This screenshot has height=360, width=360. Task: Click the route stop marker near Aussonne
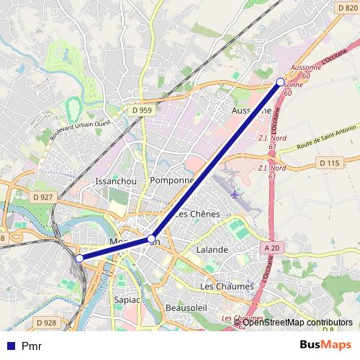281,82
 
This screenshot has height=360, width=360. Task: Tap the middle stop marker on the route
152,238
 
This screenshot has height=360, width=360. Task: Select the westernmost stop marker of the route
79,258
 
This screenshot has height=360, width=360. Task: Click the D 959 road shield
142,110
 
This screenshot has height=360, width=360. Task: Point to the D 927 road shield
44,197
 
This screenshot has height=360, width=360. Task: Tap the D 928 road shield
45,323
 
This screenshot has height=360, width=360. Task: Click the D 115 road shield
328,163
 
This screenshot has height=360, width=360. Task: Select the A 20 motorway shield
271,248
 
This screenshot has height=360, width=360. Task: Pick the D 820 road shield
347,7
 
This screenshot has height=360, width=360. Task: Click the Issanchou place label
116,181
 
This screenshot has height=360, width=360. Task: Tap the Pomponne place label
172,181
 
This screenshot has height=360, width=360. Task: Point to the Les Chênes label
198,215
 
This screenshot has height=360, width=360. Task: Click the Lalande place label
212,249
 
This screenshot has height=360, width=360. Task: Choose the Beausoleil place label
186,307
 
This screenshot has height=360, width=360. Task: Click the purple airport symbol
235,194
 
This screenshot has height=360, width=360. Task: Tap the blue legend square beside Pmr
10,346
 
